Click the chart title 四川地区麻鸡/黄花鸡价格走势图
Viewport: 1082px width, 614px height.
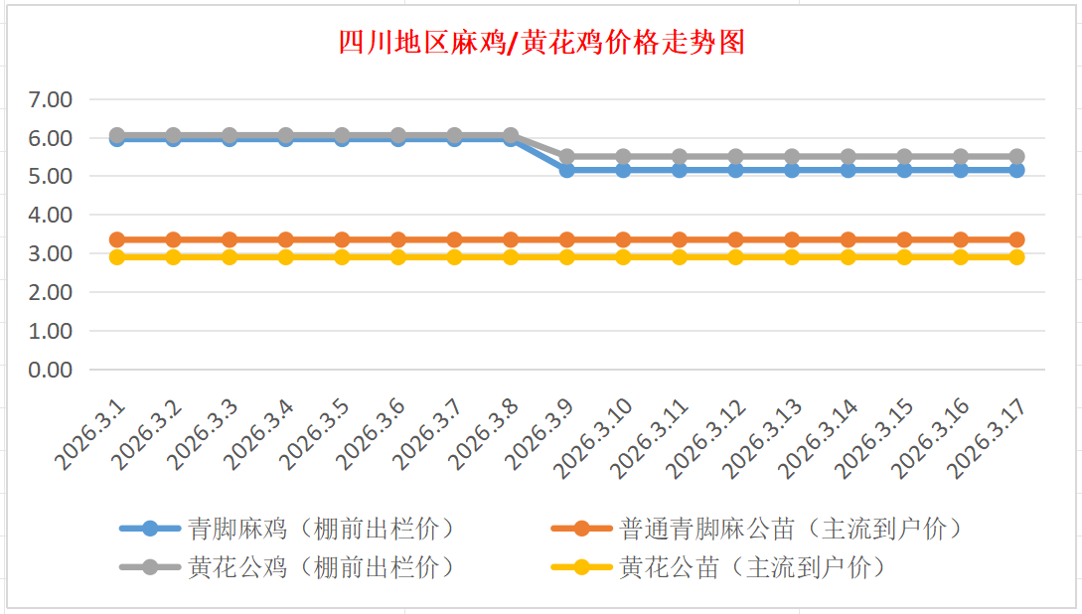coord(541,44)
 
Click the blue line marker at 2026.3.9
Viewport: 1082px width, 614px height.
coord(567,170)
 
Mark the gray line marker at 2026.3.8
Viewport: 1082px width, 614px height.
coord(511,135)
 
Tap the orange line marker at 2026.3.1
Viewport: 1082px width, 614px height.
coord(117,239)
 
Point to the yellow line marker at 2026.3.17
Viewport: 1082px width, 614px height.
coord(1017,257)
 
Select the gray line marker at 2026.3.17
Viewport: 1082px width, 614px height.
coord(1017,157)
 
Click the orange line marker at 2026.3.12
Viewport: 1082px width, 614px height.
coord(736,239)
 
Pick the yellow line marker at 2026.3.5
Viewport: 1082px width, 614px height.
coord(342,257)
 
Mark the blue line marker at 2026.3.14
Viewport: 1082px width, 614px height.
coord(849,170)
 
